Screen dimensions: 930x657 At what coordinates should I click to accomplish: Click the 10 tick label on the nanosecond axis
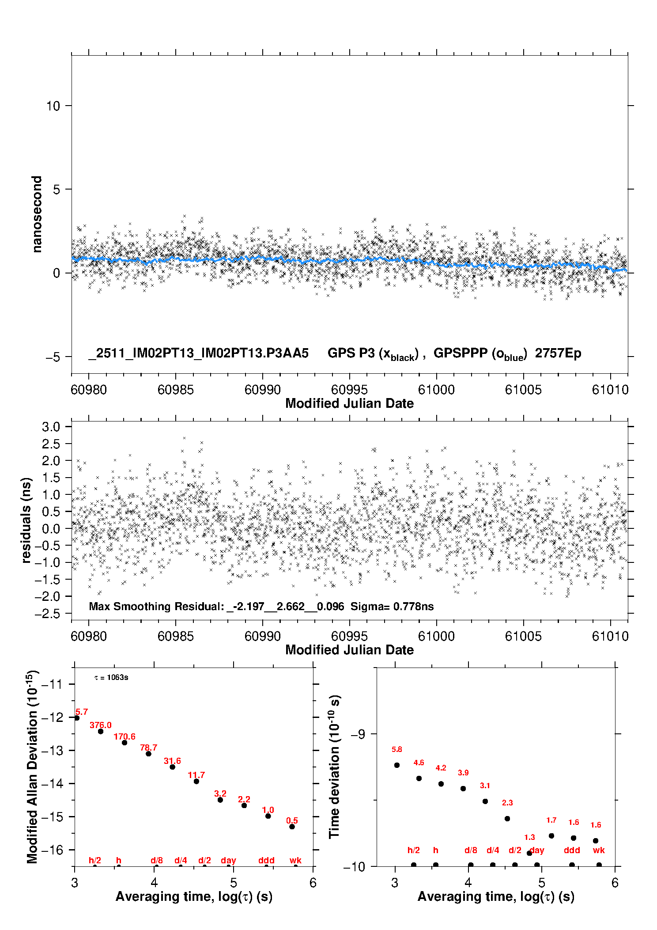[53, 106]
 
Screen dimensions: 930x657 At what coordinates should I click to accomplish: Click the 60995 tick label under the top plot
[349, 390]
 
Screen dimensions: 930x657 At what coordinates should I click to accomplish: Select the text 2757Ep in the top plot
[558, 353]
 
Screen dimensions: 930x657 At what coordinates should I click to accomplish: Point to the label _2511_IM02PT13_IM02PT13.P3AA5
[198, 353]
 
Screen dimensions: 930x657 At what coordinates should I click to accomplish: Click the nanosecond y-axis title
[37, 214]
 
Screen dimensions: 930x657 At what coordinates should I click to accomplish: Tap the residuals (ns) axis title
[26, 520]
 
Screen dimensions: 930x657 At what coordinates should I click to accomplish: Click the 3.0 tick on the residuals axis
[51, 427]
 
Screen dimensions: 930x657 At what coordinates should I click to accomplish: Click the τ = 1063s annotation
[111, 678]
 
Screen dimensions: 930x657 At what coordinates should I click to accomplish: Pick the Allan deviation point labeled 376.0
[101, 731]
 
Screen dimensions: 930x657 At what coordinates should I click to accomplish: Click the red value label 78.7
[148, 748]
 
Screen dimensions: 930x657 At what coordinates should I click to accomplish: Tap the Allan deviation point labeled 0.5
[292, 827]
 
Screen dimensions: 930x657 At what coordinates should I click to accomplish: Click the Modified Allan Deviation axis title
[32, 767]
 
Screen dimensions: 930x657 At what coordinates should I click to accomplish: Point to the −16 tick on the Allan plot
[52, 850]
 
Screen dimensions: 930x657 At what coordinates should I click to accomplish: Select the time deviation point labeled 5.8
[396, 765]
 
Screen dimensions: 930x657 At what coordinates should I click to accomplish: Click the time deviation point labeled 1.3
[529, 853]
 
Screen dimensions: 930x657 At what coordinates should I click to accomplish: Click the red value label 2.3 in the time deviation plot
[507, 803]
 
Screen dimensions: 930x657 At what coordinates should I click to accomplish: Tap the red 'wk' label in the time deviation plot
[599, 850]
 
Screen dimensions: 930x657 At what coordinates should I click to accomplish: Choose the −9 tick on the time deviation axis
[358, 734]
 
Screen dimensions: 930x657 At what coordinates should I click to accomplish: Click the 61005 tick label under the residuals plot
[523, 636]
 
